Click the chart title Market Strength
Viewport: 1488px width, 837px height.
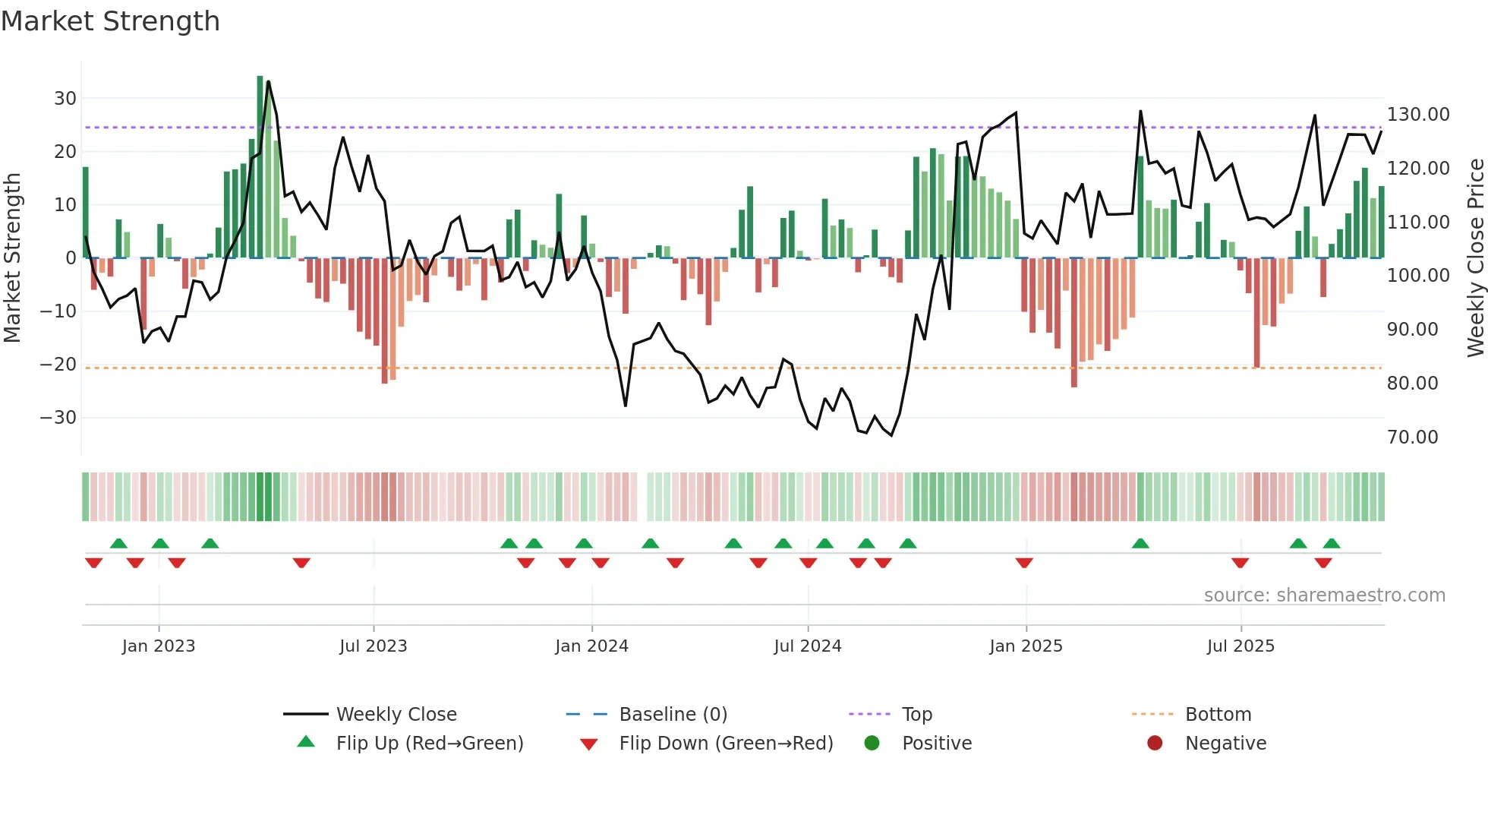click(x=111, y=21)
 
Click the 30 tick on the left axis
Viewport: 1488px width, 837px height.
click(x=65, y=99)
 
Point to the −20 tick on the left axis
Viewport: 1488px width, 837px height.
click(x=59, y=365)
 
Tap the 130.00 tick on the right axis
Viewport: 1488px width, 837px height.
click(x=1418, y=115)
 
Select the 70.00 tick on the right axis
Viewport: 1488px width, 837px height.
click(x=1412, y=437)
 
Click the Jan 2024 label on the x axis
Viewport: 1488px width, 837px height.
click(x=591, y=646)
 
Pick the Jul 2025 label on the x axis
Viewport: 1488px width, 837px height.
click(x=1241, y=646)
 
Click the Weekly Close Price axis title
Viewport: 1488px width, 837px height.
click(x=1475, y=258)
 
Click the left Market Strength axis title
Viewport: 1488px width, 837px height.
click(x=13, y=258)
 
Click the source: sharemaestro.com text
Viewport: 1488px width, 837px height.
click(x=1324, y=595)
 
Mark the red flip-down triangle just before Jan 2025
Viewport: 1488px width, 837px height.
click(x=1023, y=563)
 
